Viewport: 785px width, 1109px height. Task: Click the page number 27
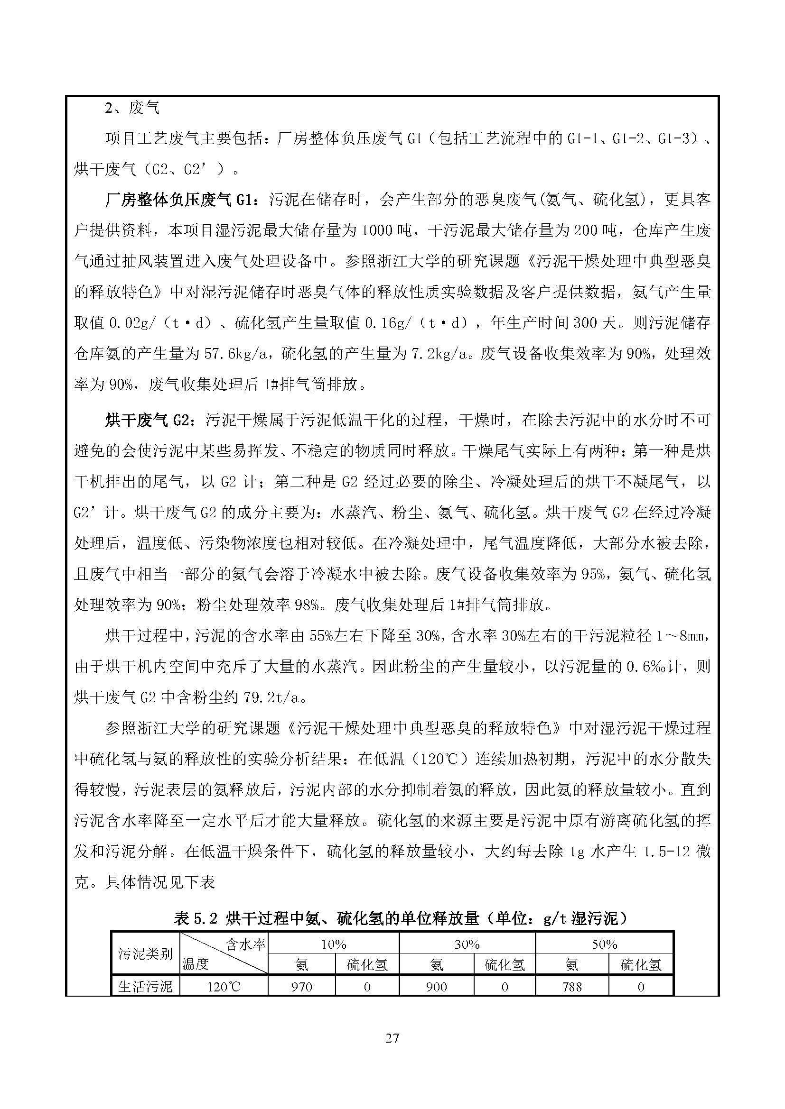392,1037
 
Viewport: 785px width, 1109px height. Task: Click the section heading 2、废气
132,108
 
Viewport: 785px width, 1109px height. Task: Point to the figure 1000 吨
386,230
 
